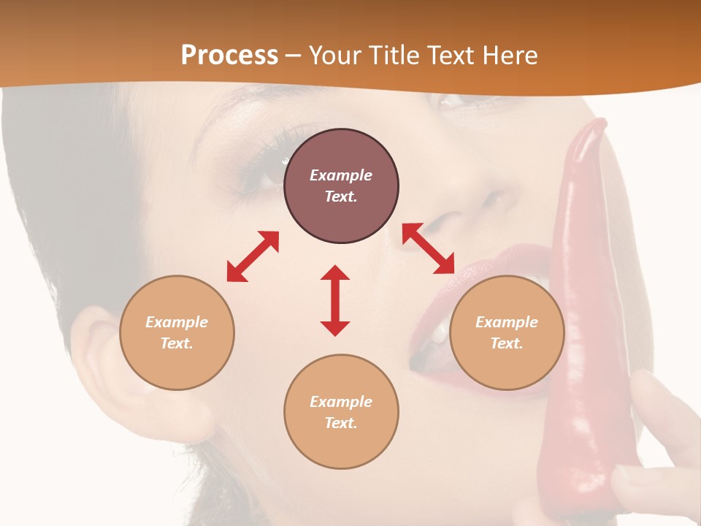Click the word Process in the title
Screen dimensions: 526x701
[x=229, y=56]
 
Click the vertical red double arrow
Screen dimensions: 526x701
[x=335, y=300]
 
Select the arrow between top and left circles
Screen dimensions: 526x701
[x=253, y=256]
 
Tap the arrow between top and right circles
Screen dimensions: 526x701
[x=428, y=248]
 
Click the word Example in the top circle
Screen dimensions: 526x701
[x=341, y=175]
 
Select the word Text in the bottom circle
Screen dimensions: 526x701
[x=340, y=423]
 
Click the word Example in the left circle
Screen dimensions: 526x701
[x=177, y=322]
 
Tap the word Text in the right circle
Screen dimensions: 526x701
[x=506, y=343]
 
